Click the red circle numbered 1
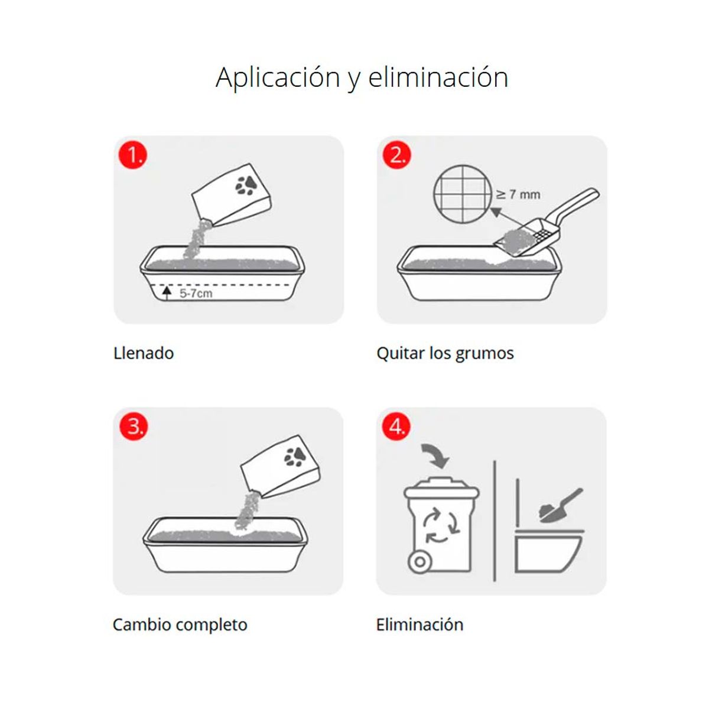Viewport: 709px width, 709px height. tap(133, 155)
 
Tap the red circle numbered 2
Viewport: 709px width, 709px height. tap(397, 155)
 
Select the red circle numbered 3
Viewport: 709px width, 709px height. tap(134, 426)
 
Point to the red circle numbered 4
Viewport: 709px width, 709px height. tap(396, 426)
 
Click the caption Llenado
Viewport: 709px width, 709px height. tap(144, 353)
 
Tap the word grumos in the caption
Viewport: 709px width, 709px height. tap(484, 354)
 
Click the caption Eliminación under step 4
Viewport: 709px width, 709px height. tap(420, 625)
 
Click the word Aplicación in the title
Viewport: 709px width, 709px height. tap(278, 79)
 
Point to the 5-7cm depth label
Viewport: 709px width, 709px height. tap(196, 293)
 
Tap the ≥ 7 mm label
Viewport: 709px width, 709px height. tap(518, 194)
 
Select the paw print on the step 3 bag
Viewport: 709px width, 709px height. tap(295, 457)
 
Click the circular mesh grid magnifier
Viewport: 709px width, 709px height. tap(463, 194)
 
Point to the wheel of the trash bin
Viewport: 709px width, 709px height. tap(420, 562)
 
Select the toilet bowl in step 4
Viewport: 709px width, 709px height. tap(548, 551)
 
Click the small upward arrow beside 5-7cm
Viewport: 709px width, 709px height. tap(167, 293)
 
